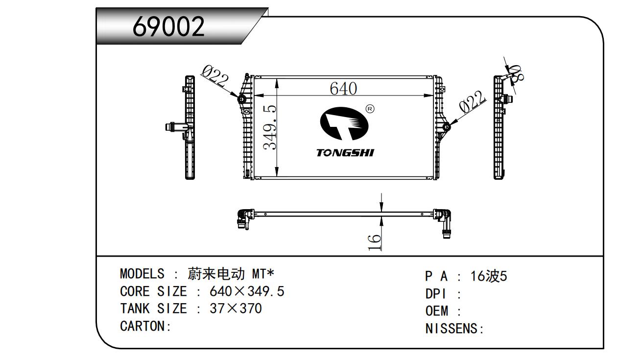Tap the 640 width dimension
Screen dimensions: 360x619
343,89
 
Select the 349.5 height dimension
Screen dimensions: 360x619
270,127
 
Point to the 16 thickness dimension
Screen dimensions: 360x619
374,241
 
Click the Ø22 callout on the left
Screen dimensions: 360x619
214,77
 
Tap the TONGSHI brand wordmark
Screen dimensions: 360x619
345,153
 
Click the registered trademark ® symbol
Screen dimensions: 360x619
370,109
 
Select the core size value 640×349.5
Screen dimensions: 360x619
247,291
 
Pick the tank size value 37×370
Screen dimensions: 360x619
236,309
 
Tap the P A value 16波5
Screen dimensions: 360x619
489,276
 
